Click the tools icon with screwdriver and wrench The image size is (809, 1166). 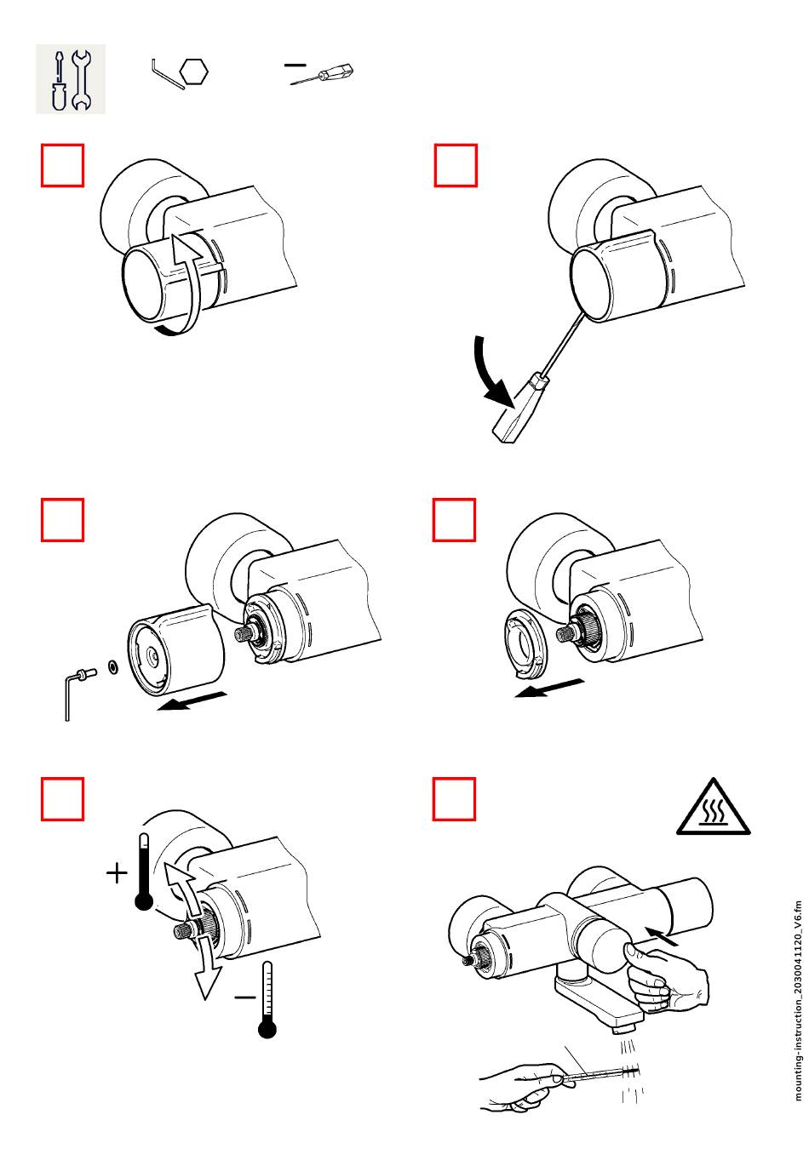(x=70, y=78)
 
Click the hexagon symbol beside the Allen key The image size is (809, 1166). (x=195, y=71)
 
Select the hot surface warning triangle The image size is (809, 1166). (x=714, y=808)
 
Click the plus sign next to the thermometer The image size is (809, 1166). (x=117, y=873)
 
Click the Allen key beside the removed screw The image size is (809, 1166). (x=68, y=694)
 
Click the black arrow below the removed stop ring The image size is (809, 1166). (x=549, y=688)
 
